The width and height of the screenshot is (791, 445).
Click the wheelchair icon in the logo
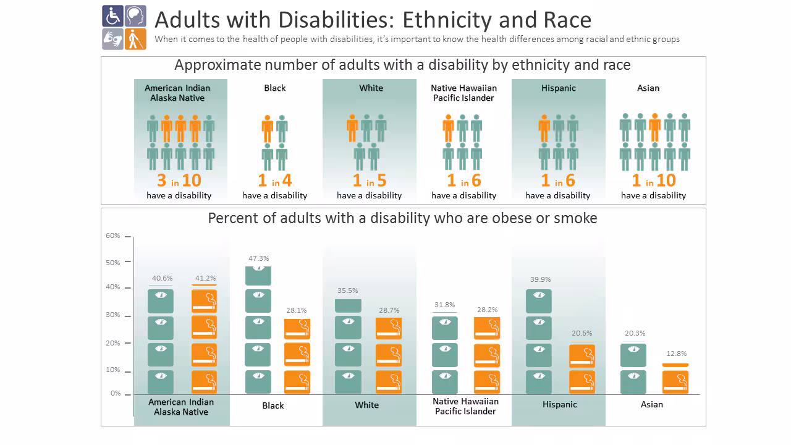click(x=112, y=15)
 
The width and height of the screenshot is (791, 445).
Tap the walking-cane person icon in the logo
click(x=135, y=38)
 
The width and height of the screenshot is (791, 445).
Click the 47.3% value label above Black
click(x=258, y=258)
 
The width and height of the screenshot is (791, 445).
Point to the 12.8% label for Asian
click(x=676, y=354)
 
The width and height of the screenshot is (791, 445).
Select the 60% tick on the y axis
click(x=113, y=235)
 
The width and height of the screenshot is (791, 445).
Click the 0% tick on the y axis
click(x=116, y=393)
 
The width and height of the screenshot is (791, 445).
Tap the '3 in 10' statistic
click(x=179, y=180)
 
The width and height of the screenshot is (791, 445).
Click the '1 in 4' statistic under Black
click(x=274, y=180)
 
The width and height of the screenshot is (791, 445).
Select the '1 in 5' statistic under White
click(x=369, y=180)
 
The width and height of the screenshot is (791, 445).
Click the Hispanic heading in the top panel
click(x=558, y=88)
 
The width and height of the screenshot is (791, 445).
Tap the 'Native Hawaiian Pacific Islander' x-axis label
click(x=465, y=406)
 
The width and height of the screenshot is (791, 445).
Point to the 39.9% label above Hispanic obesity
click(x=540, y=279)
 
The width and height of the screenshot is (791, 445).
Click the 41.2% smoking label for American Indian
click(x=205, y=278)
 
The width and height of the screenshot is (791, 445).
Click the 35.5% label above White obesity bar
click(x=347, y=290)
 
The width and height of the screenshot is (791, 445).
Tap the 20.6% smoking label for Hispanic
click(x=582, y=333)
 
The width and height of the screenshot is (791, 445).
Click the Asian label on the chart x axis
click(x=651, y=404)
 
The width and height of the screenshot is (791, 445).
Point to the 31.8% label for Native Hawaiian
click(x=444, y=305)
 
